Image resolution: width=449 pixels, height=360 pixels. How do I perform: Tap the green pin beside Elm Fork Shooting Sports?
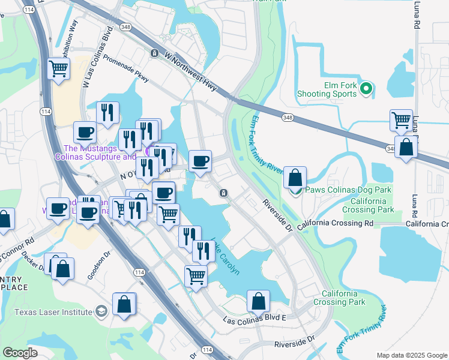pyautogui.click(x=366, y=90)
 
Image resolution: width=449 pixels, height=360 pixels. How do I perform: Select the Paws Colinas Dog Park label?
pyautogui.click(x=349, y=190)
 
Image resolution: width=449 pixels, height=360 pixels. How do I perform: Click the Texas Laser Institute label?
pyautogui.click(x=53, y=312)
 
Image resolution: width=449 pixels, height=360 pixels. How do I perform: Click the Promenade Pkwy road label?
pyautogui.click(x=125, y=68)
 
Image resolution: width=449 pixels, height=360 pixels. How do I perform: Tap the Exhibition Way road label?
pyautogui.click(x=68, y=38)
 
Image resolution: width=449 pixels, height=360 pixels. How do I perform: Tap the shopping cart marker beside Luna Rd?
pyautogui.click(x=400, y=120)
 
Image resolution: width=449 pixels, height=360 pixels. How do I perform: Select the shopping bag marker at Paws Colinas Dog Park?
pyautogui.click(x=295, y=178)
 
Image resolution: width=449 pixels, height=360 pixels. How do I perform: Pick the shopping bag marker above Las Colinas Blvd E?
pyautogui.click(x=258, y=301)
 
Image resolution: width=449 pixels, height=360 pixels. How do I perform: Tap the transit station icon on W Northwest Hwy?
pyautogui.click(x=155, y=53)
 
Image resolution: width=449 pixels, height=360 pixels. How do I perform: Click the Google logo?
pyautogui.click(x=20, y=352)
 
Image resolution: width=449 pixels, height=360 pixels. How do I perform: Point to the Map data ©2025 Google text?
pyautogui.click(x=411, y=355)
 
